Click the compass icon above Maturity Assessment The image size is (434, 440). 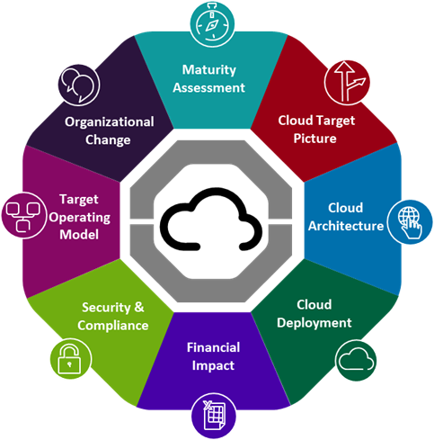212,23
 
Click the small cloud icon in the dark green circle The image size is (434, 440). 356,361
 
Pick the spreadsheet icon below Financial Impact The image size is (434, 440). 214,417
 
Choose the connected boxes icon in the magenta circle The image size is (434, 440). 23,216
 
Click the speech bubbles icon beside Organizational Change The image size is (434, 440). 79,85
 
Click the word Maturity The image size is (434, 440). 209,70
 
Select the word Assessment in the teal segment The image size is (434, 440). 209,88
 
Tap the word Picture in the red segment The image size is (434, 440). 314,139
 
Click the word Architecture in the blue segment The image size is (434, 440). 346,226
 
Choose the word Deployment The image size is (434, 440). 314,323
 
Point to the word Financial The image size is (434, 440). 213,347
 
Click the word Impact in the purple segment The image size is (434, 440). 213,366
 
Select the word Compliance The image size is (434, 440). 113,326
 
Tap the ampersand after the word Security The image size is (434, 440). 139,307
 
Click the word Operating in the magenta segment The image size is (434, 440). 80,218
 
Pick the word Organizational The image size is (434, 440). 110,122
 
